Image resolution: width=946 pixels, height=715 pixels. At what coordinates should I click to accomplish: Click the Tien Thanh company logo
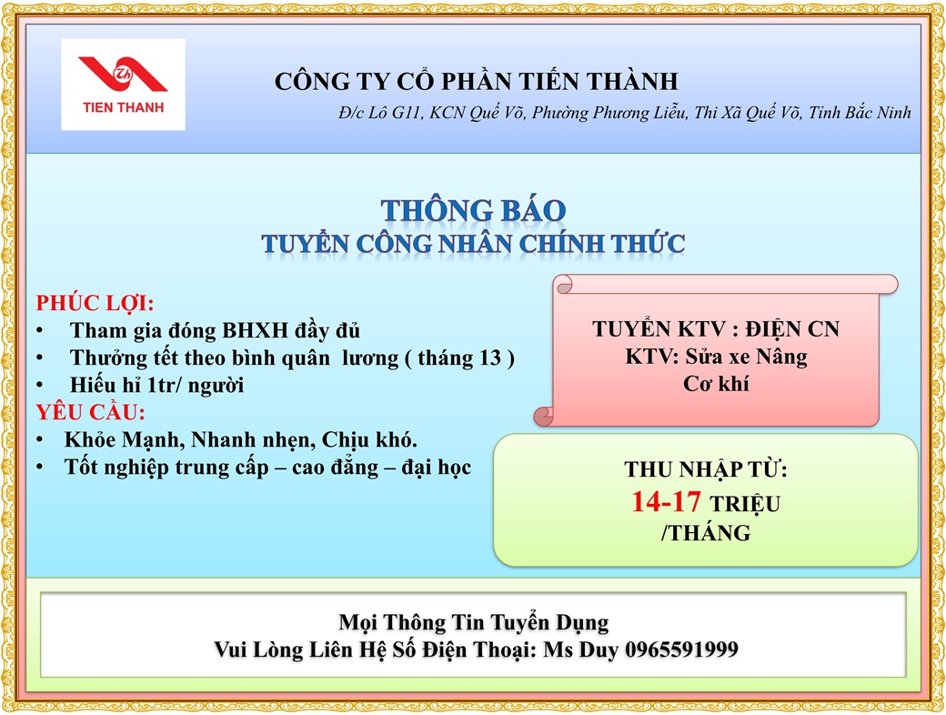(x=123, y=84)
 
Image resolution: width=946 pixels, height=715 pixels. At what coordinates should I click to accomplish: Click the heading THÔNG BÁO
(x=473, y=210)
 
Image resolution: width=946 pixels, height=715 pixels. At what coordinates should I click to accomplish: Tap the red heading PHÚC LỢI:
(x=95, y=303)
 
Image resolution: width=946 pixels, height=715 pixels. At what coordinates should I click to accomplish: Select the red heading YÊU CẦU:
(x=90, y=412)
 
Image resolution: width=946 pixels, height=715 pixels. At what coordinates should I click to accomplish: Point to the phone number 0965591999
(x=681, y=650)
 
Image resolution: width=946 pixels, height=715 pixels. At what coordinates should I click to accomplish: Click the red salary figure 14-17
(x=666, y=501)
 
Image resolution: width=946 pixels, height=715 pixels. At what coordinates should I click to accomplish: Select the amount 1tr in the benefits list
(x=161, y=385)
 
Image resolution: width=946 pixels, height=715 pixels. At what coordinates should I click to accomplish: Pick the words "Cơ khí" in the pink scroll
(x=716, y=384)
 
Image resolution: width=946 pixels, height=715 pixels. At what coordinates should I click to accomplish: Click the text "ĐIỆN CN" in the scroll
(x=792, y=328)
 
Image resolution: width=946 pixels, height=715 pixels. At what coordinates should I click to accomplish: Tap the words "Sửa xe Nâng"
(x=746, y=357)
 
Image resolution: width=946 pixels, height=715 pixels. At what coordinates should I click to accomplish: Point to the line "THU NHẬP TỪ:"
(x=705, y=469)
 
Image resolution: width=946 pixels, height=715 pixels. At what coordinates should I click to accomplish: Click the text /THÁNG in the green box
(x=706, y=533)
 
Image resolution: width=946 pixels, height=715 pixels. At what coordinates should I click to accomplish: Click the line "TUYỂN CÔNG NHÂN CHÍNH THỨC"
(x=473, y=244)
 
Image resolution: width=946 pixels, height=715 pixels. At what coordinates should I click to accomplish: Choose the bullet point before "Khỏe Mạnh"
(x=40, y=440)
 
